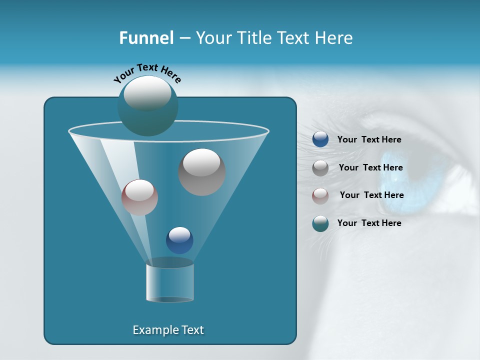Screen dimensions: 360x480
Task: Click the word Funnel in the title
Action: pos(146,38)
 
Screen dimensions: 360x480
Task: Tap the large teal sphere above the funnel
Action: pos(147,106)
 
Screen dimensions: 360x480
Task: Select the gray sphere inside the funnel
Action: pos(201,171)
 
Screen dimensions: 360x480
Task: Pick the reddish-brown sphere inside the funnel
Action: pos(139,197)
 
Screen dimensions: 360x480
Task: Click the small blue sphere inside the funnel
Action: pos(179,240)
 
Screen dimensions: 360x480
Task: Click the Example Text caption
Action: pos(168,330)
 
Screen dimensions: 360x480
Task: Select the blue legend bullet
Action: pos(320,139)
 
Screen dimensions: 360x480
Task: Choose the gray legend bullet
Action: pos(320,168)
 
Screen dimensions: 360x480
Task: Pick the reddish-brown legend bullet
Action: pos(320,196)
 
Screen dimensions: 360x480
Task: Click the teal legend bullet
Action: pos(320,224)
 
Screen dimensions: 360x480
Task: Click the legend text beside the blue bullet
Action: pos(369,140)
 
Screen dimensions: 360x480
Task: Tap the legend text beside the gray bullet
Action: pos(370,168)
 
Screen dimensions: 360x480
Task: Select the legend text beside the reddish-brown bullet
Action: pos(371,195)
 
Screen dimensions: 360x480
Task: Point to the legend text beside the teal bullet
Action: pos(369,223)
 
